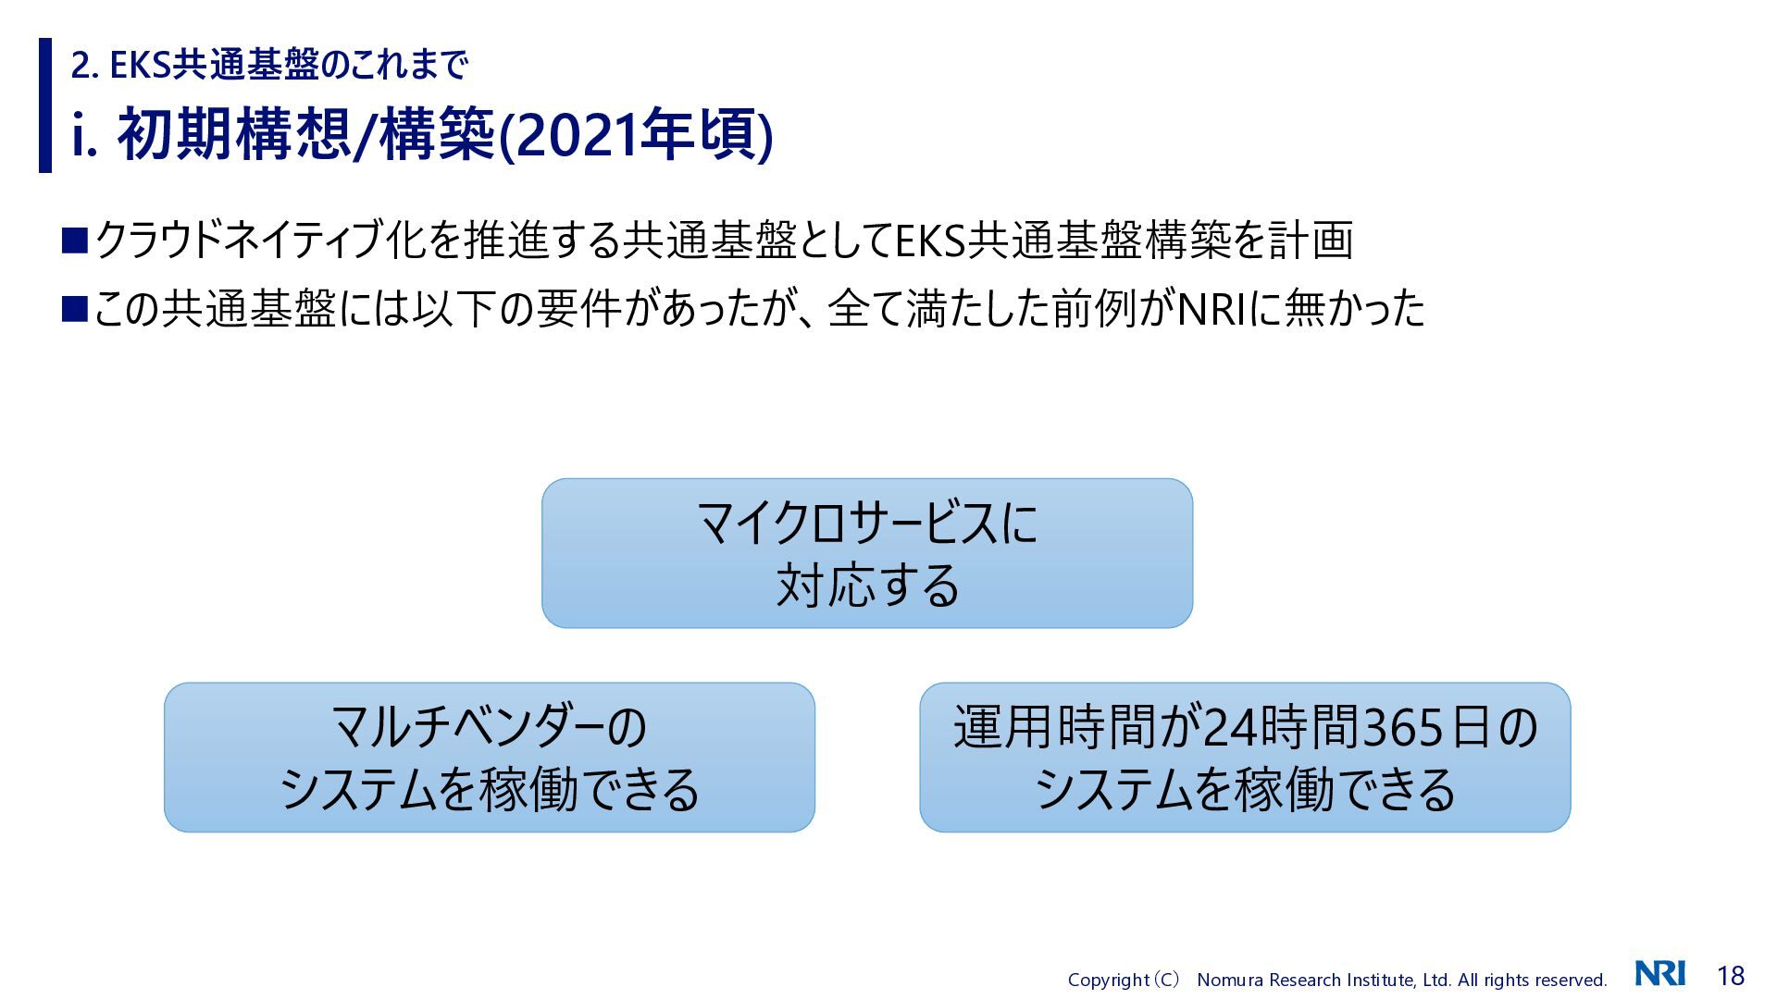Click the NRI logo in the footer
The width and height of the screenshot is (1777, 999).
(x=1659, y=973)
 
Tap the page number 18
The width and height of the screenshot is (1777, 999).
(x=1731, y=975)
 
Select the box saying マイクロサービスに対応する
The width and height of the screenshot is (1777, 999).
(x=867, y=553)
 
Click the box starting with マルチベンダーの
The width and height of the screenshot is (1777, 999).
(x=490, y=758)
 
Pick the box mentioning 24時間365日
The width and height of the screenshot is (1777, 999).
(x=1245, y=758)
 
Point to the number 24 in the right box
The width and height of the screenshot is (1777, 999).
(x=1229, y=727)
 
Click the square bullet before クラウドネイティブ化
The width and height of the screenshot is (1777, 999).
(x=74, y=240)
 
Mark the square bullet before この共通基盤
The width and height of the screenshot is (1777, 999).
(x=74, y=308)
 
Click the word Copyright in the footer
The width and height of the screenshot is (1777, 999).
(x=1108, y=980)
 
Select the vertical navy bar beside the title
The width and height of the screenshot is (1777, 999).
(x=45, y=105)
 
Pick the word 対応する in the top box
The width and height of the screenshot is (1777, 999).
(x=867, y=585)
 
